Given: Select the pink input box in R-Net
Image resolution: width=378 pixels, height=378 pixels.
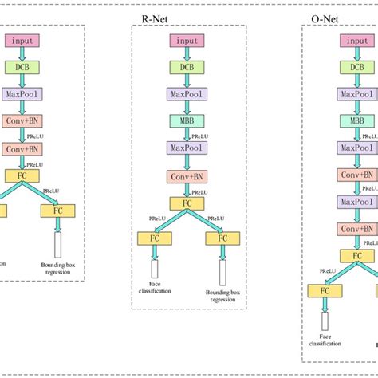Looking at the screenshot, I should pos(186,41).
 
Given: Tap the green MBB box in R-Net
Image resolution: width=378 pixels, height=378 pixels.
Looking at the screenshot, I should pos(186,121).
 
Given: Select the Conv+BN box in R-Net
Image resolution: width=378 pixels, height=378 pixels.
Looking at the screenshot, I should pos(186,176).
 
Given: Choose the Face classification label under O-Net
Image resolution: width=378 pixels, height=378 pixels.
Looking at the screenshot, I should pos(325,340).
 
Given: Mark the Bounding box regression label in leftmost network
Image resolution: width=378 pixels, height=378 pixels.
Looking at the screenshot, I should pos(57,268).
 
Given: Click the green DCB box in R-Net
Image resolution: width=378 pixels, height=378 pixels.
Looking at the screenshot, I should pos(186,68).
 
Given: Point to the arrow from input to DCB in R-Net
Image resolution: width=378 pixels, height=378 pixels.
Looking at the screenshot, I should pos(186,54).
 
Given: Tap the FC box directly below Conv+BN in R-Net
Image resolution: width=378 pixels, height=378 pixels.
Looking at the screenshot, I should pos(186,203).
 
